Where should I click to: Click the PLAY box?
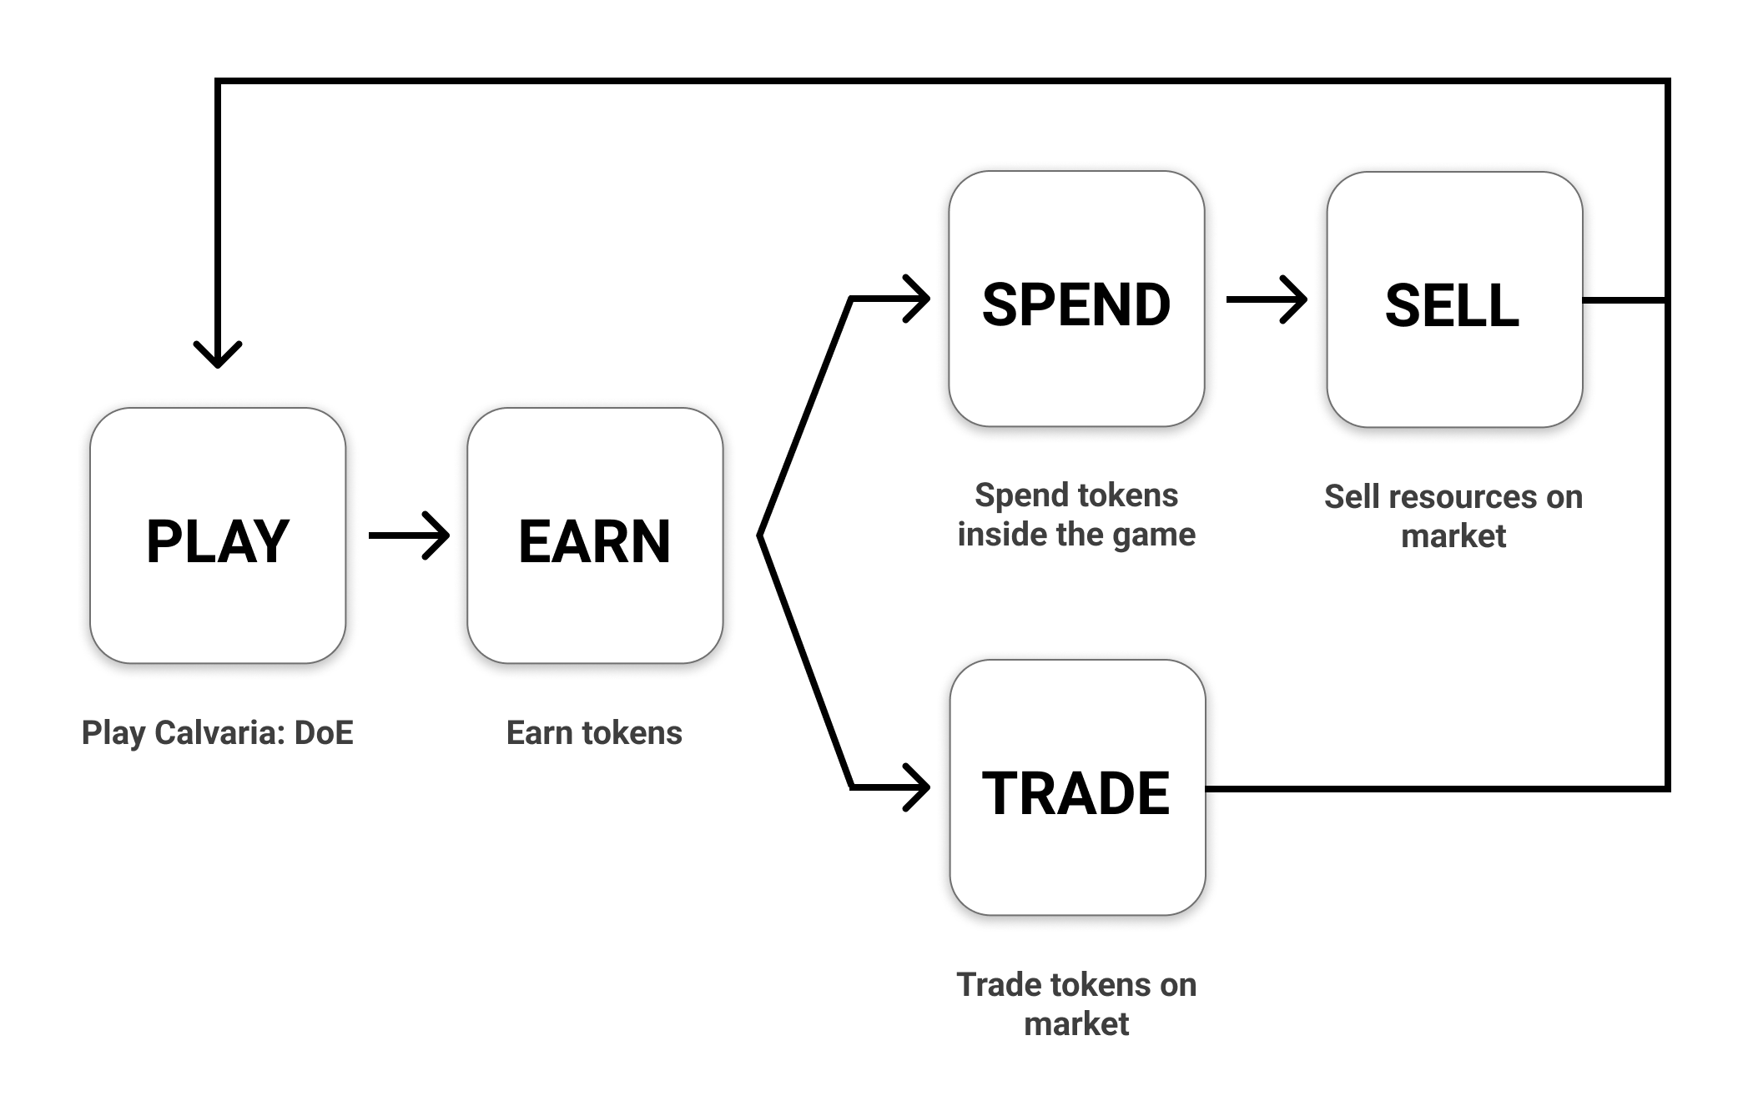tap(218, 535)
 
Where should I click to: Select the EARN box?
tap(595, 535)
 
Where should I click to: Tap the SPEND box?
tap(1076, 299)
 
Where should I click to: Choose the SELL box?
tap(1454, 299)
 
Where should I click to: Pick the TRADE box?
tap(1077, 787)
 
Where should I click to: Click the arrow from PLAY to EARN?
tap(409, 535)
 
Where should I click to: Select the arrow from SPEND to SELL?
tap(1267, 299)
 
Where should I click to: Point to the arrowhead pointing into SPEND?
tap(916, 299)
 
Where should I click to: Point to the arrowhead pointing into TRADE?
tap(916, 787)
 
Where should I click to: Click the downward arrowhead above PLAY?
tap(218, 354)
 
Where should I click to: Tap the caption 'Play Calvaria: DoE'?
tap(218, 733)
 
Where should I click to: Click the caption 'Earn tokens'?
tap(594, 733)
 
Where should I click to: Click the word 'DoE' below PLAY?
tap(324, 732)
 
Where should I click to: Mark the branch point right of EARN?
tap(760, 535)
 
